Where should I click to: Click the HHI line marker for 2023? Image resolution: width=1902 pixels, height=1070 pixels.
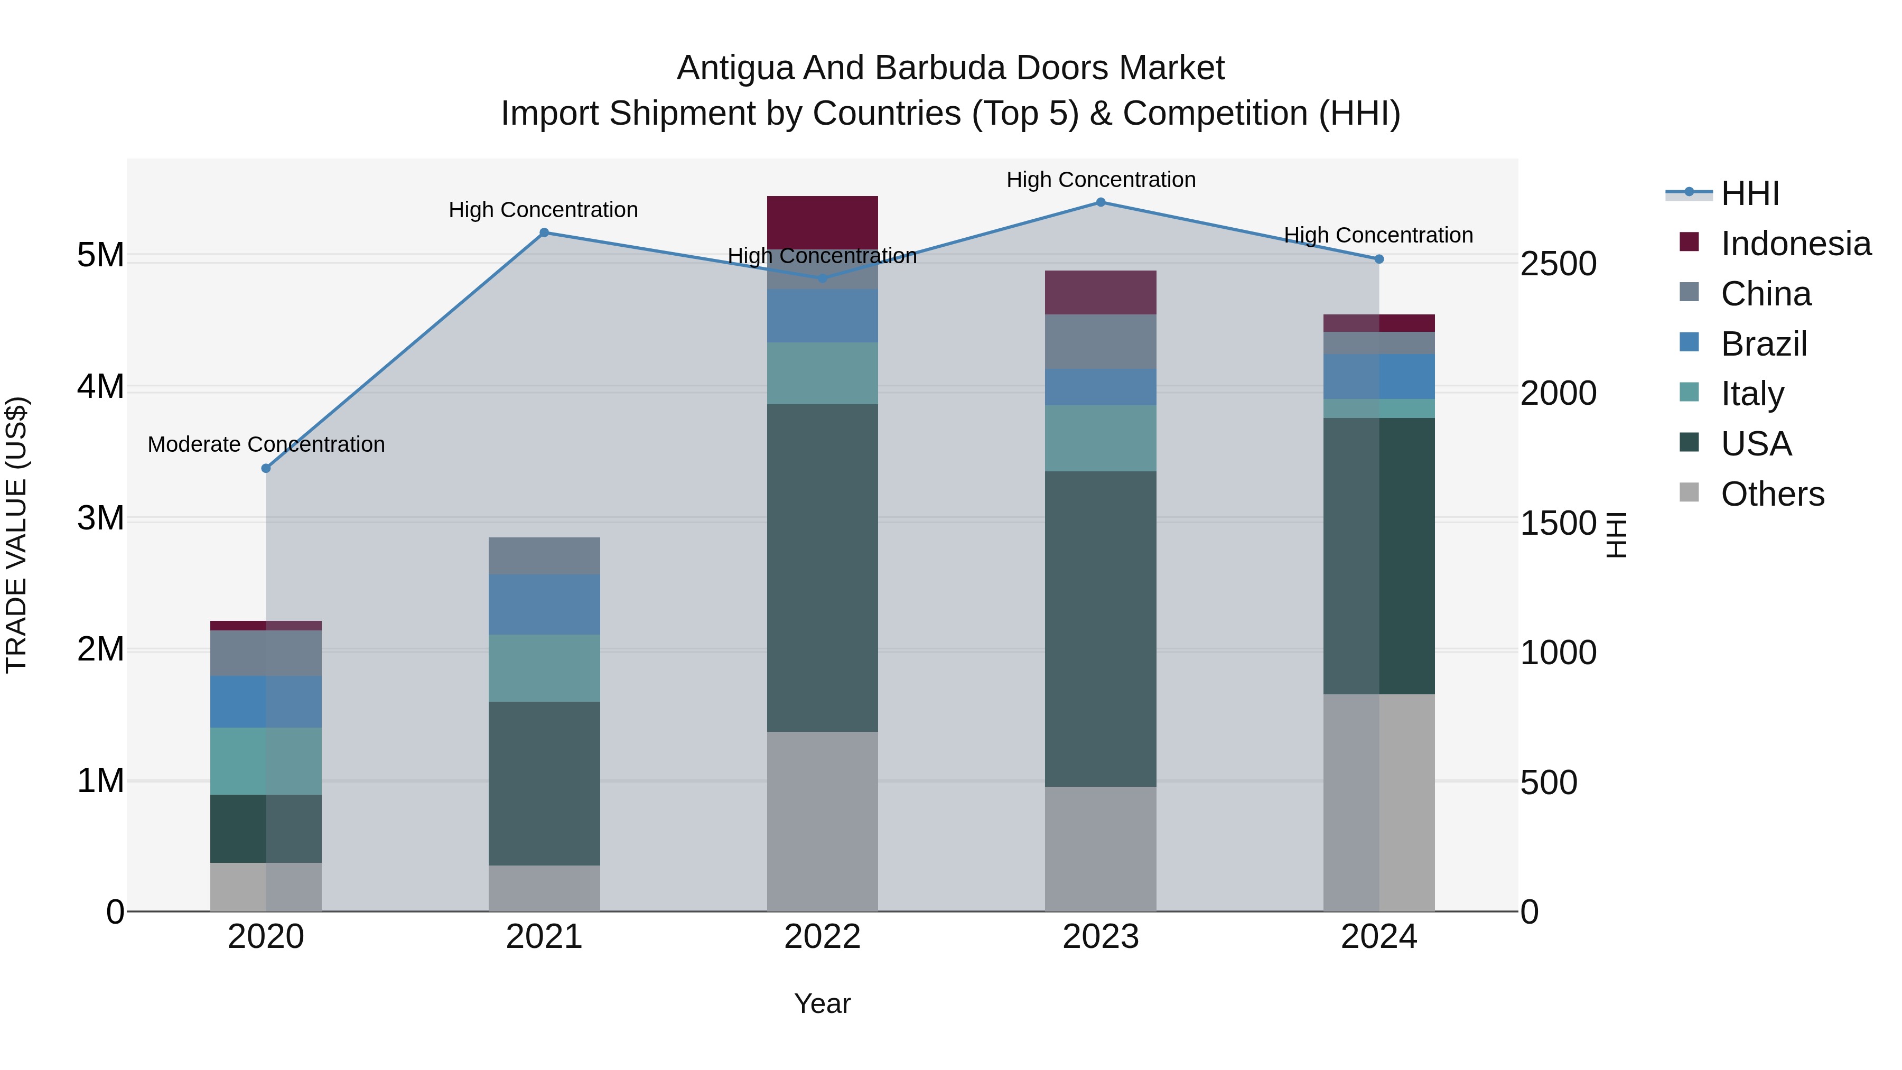(1100, 202)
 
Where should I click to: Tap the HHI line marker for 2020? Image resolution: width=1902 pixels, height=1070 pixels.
(266, 468)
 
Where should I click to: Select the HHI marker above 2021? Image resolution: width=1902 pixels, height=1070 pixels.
(544, 232)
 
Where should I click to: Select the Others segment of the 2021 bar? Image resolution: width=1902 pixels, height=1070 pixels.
(544, 888)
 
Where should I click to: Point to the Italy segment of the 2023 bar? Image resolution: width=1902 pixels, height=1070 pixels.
(1100, 438)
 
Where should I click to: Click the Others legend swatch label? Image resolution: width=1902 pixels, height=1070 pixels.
(1772, 494)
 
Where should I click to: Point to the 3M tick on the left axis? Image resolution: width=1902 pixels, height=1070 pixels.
(100, 518)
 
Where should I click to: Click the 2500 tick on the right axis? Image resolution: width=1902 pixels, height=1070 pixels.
(1558, 264)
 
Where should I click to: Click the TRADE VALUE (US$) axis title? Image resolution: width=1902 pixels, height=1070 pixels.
(16, 535)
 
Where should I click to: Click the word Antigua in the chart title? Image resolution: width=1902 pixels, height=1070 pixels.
(735, 68)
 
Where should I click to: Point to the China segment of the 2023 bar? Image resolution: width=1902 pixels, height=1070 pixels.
(1100, 341)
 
